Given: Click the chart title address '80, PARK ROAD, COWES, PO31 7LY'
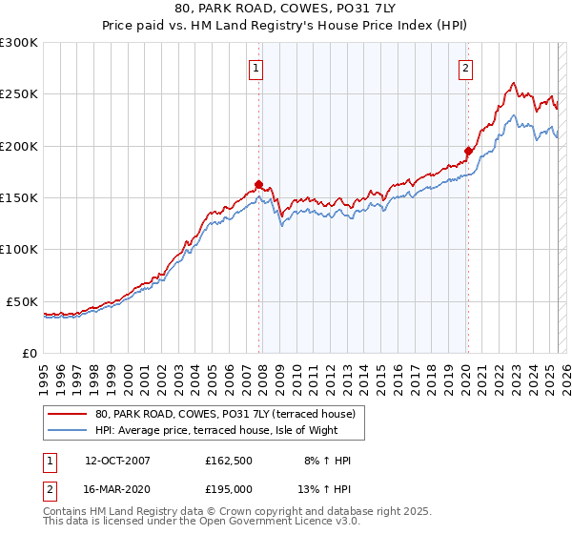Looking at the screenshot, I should pos(285,9).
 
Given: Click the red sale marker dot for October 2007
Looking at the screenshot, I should pos(258,185).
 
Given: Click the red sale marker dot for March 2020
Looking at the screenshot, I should pos(468,151).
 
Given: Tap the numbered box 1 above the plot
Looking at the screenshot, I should pos(257,68).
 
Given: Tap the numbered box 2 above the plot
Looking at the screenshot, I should pos(465,68).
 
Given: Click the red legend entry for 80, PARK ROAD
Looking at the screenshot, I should pos(225,414).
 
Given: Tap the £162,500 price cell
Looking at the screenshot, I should pos(229,460).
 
